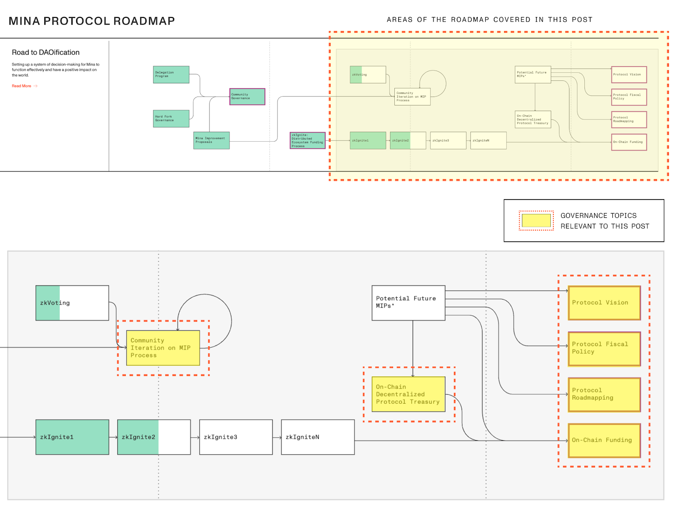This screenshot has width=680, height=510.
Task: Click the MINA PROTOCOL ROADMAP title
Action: (92, 21)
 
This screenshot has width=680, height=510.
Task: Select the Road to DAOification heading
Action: (45, 52)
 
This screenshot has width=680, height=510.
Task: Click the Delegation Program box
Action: (171, 74)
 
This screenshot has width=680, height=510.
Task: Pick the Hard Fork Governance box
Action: (171, 119)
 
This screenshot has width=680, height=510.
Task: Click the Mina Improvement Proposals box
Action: (211, 140)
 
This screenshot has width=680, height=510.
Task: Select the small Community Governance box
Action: (247, 97)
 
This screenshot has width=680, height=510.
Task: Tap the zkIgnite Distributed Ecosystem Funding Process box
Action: (307, 140)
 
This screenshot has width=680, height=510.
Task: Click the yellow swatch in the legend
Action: (536, 220)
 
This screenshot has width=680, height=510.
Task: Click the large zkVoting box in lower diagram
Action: (72, 303)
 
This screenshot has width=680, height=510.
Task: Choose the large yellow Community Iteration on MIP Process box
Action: (163, 348)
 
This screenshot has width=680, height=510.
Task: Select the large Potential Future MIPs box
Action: (408, 302)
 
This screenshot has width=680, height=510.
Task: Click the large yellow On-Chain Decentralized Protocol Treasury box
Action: (408, 394)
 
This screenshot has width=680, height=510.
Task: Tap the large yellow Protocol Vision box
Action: (604, 303)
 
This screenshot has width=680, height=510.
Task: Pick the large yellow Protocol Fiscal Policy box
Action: (604, 348)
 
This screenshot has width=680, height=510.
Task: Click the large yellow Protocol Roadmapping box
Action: (604, 394)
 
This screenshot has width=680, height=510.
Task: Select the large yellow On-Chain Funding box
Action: (604, 440)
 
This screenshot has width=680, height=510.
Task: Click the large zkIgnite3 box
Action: (236, 437)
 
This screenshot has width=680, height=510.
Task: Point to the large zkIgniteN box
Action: (317, 437)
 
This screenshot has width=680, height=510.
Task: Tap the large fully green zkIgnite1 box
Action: (72, 437)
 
